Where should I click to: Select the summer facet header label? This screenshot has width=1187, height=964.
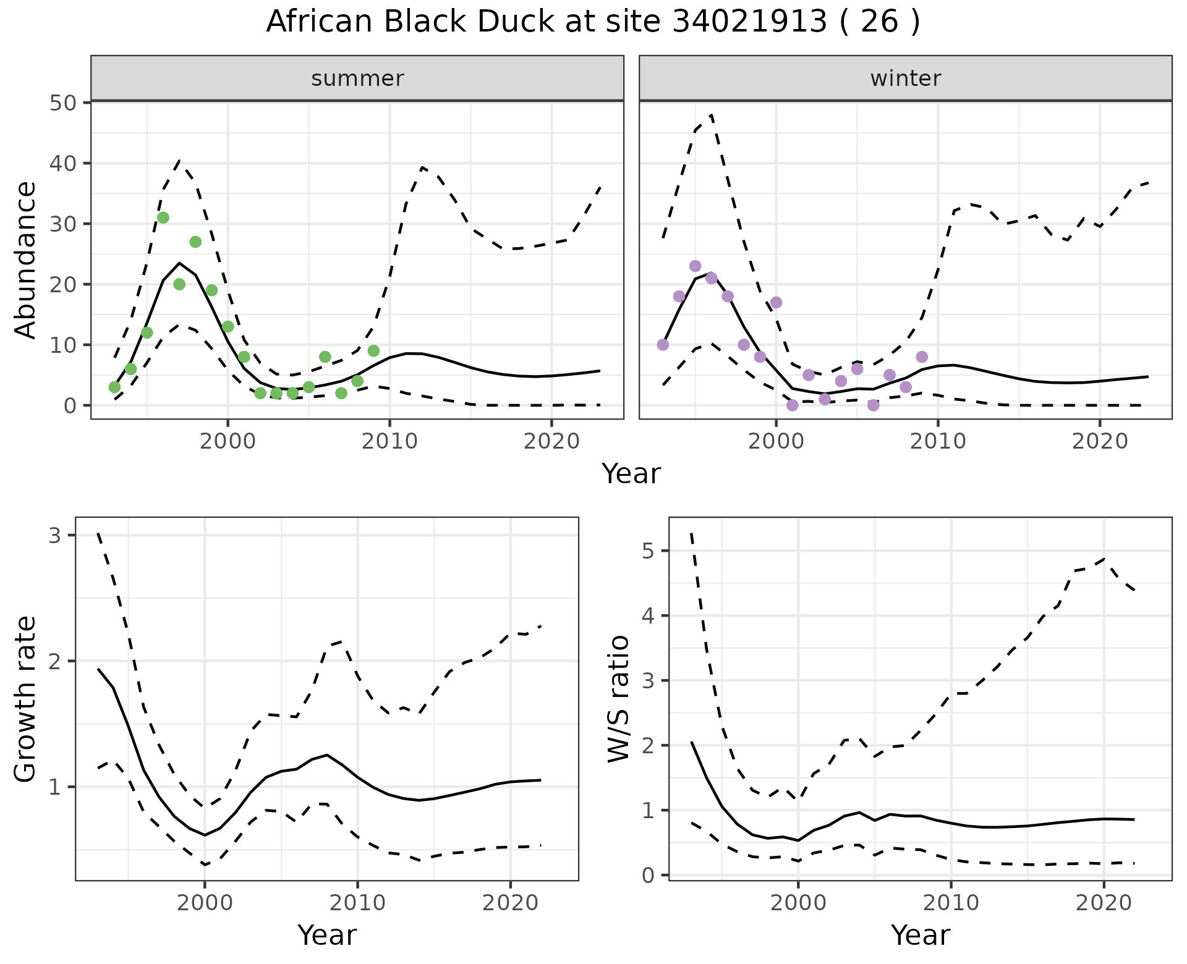click(x=357, y=78)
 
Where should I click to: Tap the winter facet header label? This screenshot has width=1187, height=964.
click(x=905, y=78)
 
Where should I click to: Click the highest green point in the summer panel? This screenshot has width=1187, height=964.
click(x=163, y=218)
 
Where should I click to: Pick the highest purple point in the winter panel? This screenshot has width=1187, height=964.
click(x=695, y=266)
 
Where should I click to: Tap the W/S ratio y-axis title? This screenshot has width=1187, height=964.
click(x=618, y=699)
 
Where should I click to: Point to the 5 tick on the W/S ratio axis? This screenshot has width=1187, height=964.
click(x=648, y=551)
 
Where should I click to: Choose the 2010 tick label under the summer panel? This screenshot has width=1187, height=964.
click(x=389, y=441)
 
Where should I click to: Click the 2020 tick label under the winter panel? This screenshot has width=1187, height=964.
click(x=1100, y=441)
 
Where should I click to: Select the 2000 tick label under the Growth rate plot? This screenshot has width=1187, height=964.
click(x=205, y=903)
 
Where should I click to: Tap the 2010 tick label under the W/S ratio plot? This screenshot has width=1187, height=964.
click(x=951, y=903)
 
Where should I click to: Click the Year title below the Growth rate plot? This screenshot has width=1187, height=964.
click(x=327, y=935)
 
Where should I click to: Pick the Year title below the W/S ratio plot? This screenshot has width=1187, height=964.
click(x=920, y=935)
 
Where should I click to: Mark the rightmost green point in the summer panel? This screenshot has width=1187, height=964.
click(x=373, y=351)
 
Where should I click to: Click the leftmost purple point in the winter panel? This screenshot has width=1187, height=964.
click(x=663, y=345)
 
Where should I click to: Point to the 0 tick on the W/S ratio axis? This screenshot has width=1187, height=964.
click(x=648, y=875)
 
